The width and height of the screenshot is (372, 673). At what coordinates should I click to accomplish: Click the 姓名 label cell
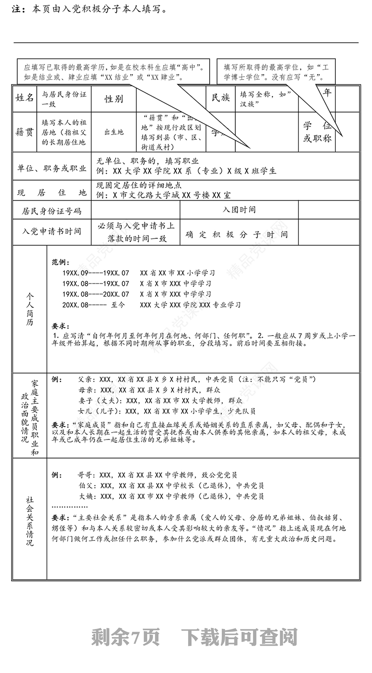25,98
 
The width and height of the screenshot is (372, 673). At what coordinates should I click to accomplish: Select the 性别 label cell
114,98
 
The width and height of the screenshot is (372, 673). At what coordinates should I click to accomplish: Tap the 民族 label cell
220,98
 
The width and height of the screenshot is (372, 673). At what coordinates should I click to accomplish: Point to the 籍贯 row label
25,132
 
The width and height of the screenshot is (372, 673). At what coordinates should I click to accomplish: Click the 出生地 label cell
114,132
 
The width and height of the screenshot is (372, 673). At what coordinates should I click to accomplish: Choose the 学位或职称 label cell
317,132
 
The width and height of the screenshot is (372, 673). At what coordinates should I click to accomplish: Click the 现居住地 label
52,192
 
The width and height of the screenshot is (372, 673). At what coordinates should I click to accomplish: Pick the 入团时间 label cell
239,210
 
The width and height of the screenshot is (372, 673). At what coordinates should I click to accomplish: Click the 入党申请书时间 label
52,231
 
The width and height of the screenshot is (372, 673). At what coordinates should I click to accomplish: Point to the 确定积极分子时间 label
237,235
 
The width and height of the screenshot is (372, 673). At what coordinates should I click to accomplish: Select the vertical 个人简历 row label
30,309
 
